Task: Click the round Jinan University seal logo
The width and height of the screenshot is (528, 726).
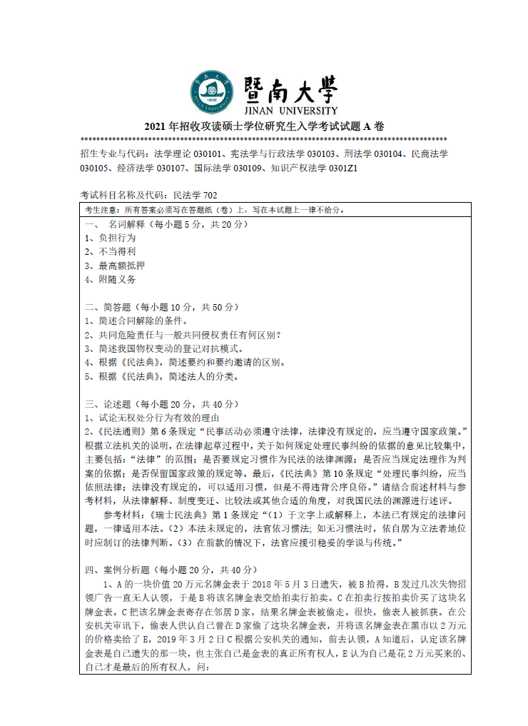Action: [x=212, y=92]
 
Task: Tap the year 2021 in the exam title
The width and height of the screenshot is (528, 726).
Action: [x=155, y=126]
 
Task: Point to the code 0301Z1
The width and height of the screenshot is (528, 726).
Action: [x=342, y=168]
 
